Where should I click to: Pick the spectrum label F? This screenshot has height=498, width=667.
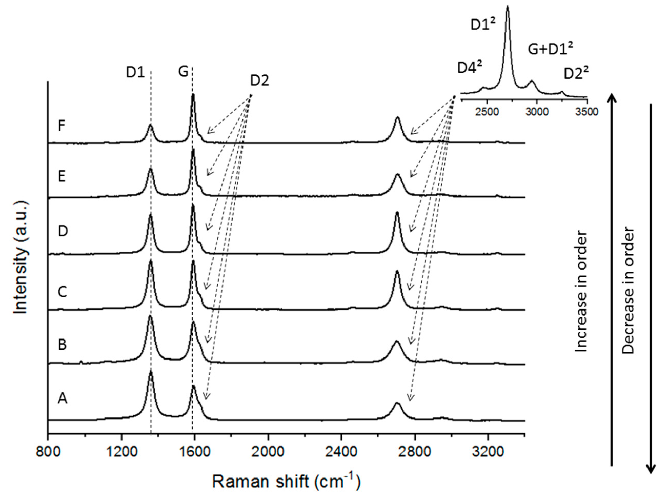62,126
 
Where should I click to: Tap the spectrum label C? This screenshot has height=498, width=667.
62,292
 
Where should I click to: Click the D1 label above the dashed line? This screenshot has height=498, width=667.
135,73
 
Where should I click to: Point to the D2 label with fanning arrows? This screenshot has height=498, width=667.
259,81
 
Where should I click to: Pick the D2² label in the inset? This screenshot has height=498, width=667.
576,74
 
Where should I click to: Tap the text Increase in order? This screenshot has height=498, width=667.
581,292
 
